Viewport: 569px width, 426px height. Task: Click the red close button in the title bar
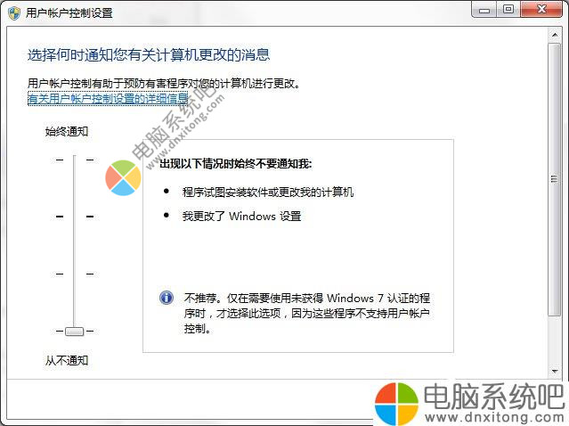[541, 9]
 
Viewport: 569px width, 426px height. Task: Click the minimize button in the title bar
[484, 10]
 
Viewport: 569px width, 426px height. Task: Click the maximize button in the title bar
[508, 9]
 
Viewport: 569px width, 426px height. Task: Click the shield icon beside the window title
[13, 13]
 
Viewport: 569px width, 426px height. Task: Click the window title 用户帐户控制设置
[69, 13]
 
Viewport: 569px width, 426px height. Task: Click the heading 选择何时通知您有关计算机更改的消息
[149, 55]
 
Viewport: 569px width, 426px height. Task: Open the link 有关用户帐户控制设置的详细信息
[108, 98]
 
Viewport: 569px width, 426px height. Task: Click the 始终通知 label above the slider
[67, 132]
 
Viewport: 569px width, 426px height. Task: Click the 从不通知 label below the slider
[67, 360]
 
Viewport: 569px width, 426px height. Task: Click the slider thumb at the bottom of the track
[75, 332]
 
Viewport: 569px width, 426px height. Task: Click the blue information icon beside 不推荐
[167, 298]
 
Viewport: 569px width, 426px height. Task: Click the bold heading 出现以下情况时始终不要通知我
[235, 164]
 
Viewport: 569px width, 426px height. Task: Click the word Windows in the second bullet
[252, 217]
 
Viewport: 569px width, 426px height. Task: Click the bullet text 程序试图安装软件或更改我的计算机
[268, 193]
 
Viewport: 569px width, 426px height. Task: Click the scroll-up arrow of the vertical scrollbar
[555, 35]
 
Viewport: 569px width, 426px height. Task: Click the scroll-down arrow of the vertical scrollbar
[555, 371]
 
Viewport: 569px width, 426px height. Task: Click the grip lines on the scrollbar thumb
[554, 178]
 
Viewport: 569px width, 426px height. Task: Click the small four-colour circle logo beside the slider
[124, 178]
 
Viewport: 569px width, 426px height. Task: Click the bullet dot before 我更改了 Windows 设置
[167, 215]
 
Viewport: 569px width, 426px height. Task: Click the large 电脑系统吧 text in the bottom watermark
[494, 397]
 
